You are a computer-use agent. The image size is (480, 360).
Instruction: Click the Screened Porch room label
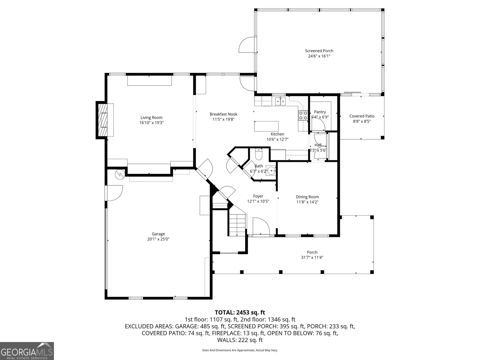point(319,51)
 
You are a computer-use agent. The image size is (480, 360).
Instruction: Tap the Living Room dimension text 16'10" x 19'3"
point(151,123)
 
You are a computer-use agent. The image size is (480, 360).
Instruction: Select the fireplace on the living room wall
point(103,120)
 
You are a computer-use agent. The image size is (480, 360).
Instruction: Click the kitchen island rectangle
point(266,126)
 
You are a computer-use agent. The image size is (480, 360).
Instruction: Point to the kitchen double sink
point(280,101)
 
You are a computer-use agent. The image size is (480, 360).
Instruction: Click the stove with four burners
point(303,115)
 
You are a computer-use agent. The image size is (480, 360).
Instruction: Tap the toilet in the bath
point(258,155)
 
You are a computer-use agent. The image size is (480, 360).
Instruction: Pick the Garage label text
point(158,234)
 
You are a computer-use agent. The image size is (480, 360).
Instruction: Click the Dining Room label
point(307,197)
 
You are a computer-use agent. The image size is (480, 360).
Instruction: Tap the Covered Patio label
point(362,116)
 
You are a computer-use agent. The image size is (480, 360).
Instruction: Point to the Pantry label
point(320,112)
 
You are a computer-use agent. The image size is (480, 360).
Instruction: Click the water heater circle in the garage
point(120,175)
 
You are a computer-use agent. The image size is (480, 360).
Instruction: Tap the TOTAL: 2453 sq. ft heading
point(240,313)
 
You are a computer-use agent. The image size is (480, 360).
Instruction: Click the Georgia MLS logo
point(27,350)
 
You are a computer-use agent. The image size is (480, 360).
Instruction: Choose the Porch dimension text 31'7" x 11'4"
point(312,257)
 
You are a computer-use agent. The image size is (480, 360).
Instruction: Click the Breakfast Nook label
point(223,114)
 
